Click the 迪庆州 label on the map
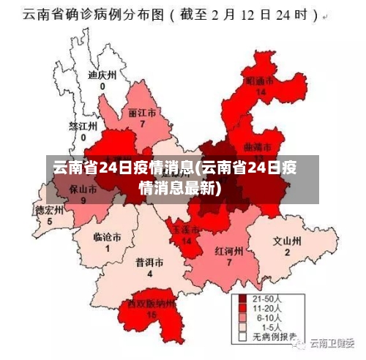[x=102, y=75]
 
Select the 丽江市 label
[x=142, y=114]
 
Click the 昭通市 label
[x=260, y=81]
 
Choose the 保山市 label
[x=83, y=188]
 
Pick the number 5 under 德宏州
[x=50, y=221]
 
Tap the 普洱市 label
[x=149, y=263]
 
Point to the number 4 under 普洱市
[x=149, y=274]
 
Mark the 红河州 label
[x=229, y=250]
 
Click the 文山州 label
[x=287, y=241]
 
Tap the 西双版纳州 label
[x=152, y=303]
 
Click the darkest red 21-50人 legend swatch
[x=242, y=299]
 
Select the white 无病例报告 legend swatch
[x=242, y=338]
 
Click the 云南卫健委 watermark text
[x=331, y=342]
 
